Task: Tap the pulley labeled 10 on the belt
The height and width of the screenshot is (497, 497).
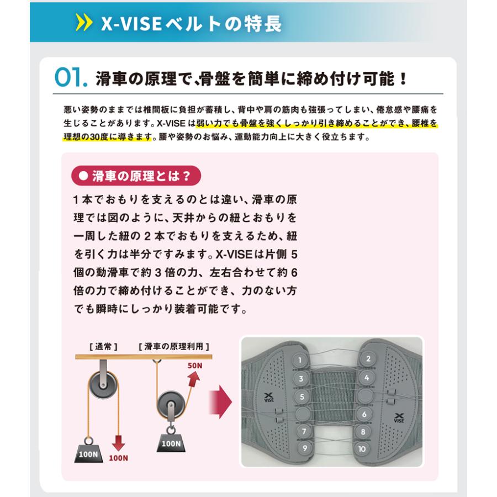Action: click(x=362, y=448)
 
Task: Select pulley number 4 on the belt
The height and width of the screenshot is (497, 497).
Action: click(x=366, y=378)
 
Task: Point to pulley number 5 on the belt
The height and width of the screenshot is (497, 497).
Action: click(x=302, y=396)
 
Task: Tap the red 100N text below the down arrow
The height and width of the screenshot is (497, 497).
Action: click(x=118, y=458)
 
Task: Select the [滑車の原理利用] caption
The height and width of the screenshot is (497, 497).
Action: click(x=173, y=347)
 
